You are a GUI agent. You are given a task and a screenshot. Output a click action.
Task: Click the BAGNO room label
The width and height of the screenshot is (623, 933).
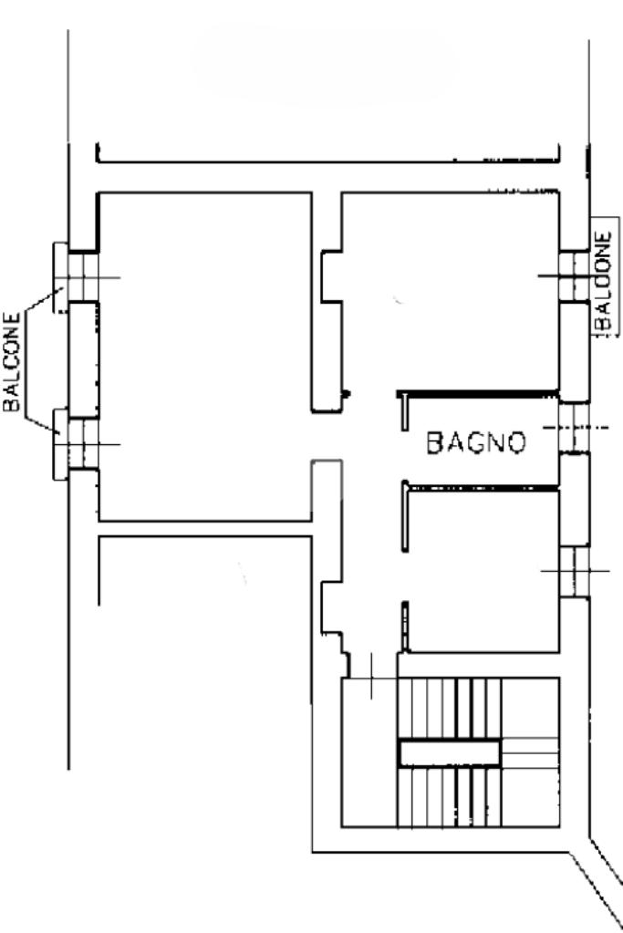[x=477, y=442]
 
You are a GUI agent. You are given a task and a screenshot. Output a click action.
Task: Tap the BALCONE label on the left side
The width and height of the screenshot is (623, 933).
[x=12, y=362]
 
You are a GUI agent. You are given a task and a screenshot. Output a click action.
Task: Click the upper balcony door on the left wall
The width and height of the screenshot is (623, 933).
[x=83, y=277]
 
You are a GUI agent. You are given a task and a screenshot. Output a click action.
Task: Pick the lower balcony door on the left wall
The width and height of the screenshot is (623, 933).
[x=83, y=444]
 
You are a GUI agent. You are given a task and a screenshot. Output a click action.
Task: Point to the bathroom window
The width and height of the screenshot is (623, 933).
[x=575, y=427]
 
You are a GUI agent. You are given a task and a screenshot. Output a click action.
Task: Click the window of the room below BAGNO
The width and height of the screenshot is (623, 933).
[x=575, y=571]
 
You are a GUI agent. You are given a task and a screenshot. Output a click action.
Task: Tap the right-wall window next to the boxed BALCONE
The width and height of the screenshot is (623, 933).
[x=575, y=276]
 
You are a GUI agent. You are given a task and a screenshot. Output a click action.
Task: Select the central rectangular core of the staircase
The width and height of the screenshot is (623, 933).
[x=450, y=752]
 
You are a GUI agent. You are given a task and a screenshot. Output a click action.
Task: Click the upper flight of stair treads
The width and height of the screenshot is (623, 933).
[x=450, y=708]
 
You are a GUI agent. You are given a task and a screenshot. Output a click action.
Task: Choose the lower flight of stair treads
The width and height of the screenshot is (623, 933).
[x=450, y=797]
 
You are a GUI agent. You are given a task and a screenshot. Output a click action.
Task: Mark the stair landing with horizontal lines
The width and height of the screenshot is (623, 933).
[x=530, y=752]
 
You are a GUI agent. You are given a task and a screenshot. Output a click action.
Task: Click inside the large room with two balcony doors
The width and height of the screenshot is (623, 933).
[x=205, y=357]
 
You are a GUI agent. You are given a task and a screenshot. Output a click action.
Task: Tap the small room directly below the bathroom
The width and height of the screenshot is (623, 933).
[x=482, y=571]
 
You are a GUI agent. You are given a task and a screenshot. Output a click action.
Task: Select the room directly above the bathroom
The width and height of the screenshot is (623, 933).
[x=451, y=292]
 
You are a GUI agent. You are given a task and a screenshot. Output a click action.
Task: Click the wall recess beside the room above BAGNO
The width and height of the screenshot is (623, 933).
[x=332, y=276]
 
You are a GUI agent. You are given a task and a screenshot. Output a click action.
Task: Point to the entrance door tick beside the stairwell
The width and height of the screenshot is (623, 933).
[x=372, y=676]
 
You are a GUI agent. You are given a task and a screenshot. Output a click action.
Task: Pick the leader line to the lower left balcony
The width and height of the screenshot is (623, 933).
[x=43, y=424]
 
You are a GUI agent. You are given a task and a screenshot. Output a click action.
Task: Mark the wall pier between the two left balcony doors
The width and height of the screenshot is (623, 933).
[x=83, y=360]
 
